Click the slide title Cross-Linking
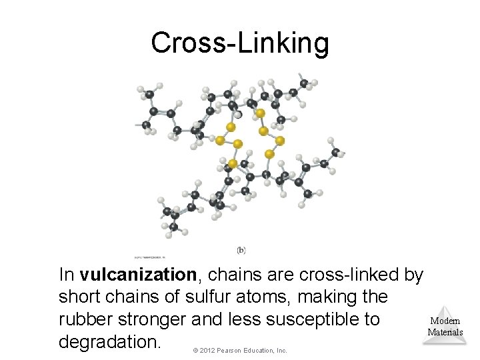240,43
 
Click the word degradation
110,342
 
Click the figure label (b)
241,250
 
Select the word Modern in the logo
445,321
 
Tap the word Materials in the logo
445,331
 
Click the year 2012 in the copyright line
207,350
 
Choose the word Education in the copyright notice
261,350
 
